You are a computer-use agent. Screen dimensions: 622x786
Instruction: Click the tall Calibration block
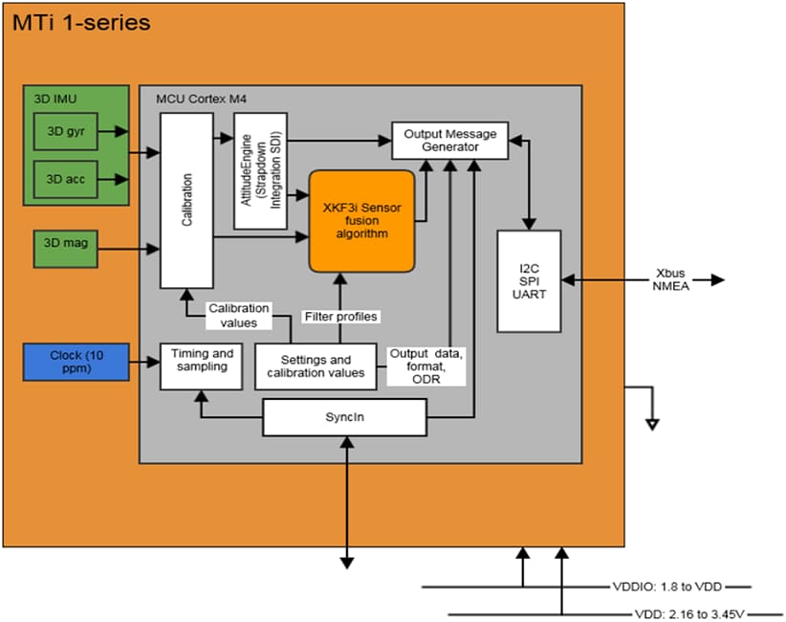click(186, 200)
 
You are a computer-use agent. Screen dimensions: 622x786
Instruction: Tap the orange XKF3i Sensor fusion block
click(361, 221)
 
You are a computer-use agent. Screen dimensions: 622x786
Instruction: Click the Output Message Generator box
click(449, 141)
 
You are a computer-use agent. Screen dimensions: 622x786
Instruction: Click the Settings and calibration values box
click(315, 367)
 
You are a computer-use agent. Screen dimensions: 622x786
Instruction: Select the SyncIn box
click(343, 416)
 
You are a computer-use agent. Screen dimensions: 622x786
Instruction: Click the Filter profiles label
click(340, 316)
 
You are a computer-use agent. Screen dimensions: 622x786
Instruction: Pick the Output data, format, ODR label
click(426, 366)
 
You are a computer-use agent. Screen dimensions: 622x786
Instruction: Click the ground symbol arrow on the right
click(652, 421)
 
